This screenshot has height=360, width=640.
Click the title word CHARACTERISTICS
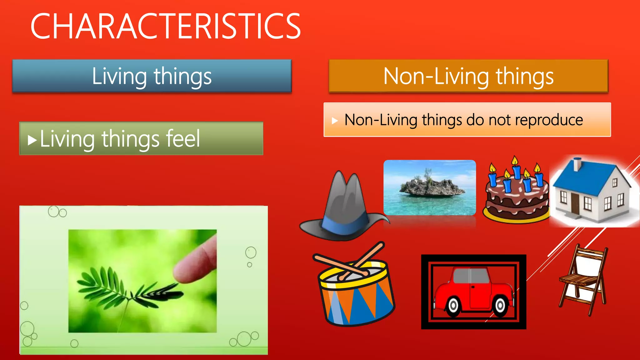[x=166, y=27]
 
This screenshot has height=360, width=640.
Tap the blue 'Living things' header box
[x=152, y=76]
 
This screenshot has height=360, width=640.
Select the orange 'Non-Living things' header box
[x=468, y=76]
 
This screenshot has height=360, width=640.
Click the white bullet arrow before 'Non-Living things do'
[x=335, y=121]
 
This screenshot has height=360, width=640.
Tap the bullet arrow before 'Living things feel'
[x=32, y=140]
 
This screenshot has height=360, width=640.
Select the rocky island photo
[x=430, y=187]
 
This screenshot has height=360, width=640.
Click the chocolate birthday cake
[x=516, y=200]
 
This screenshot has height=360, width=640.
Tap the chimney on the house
[x=577, y=164]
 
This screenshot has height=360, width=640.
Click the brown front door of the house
[x=575, y=203]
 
